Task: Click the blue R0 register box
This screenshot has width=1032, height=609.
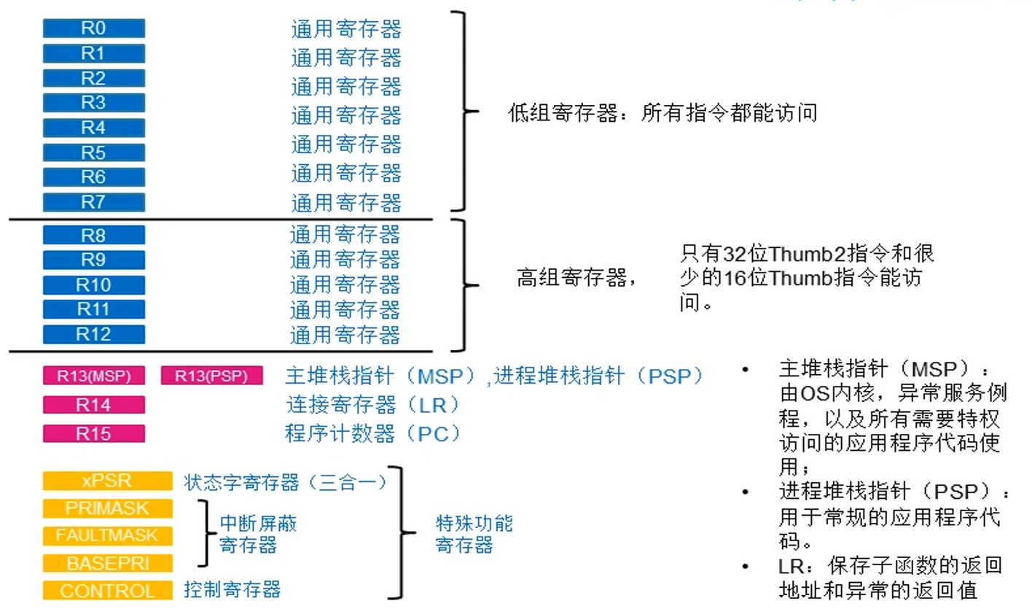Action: click(x=93, y=28)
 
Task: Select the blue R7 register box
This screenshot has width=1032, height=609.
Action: click(x=93, y=202)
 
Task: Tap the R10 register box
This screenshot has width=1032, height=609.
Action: click(x=93, y=284)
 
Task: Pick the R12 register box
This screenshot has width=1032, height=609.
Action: click(x=93, y=334)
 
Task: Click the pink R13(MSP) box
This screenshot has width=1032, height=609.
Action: click(x=93, y=376)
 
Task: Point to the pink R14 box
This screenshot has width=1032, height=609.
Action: click(x=93, y=405)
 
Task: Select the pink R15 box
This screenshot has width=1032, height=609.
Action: click(x=93, y=434)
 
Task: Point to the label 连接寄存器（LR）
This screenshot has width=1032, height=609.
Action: click(x=373, y=404)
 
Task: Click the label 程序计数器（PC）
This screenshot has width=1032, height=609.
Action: click(x=373, y=433)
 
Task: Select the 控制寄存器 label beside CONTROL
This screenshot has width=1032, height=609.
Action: click(x=232, y=589)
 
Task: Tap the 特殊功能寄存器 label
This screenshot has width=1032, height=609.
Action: click(x=474, y=535)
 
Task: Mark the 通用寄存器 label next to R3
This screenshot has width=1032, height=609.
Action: click(x=346, y=115)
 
